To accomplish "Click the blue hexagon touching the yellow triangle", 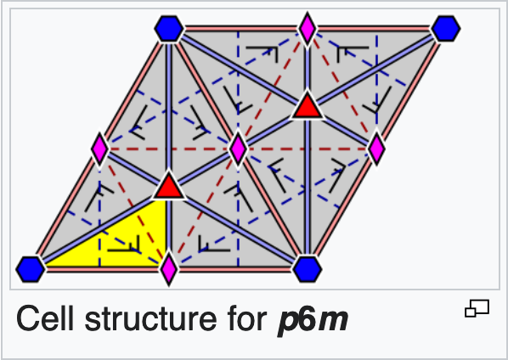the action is tap(31, 269).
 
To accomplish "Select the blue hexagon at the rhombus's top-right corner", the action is tap(446, 29).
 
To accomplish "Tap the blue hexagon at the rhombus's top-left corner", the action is tap(169, 29).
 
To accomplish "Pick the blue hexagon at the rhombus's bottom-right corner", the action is tap(308, 269).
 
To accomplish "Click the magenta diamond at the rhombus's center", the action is tap(238, 149).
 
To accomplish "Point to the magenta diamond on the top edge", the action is tap(308, 29).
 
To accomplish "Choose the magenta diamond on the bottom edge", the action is tap(169, 269).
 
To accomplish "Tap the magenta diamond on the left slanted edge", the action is tap(99, 149).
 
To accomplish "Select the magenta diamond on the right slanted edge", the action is tap(376, 149).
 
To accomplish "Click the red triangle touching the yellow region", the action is tap(169, 187).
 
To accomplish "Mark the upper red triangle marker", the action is tap(308, 106).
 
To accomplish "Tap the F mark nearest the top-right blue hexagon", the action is tap(353, 54).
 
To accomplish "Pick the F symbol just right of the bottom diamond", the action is tap(214, 244).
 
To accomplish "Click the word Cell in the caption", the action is tap(45, 318).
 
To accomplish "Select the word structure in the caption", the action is tap(151, 319).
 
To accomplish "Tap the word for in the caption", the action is tap(247, 318).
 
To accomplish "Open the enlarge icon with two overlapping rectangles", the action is tap(477, 308).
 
